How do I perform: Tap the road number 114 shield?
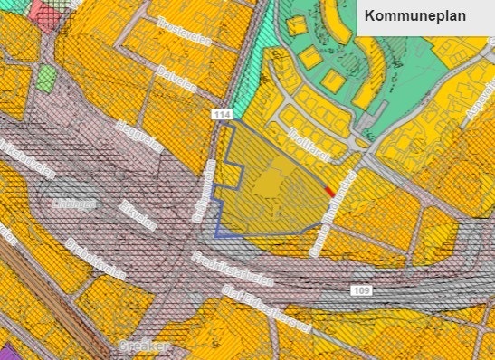tap(221, 115)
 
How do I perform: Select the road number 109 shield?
tap(360, 289)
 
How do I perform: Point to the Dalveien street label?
tap(176, 79)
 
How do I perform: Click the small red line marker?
tap(330, 191)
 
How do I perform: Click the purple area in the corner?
tap(5, 352)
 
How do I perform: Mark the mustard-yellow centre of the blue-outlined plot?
tap(271, 188)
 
